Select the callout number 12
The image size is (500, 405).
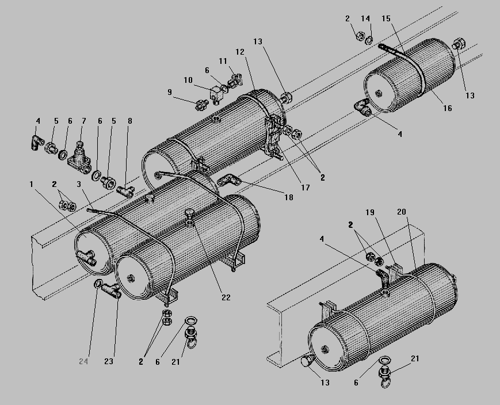(x=240, y=52)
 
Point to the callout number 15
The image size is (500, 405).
(x=386, y=19)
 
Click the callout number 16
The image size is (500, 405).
(x=447, y=108)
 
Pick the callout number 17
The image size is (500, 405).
(x=304, y=188)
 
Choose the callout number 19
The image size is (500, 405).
(x=370, y=213)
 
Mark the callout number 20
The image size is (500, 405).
(x=402, y=212)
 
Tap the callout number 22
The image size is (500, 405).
(x=226, y=297)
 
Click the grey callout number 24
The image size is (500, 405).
(x=83, y=361)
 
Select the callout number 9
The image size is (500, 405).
(x=170, y=91)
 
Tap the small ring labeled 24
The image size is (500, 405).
(x=98, y=284)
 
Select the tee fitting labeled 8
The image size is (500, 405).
(x=125, y=188)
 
